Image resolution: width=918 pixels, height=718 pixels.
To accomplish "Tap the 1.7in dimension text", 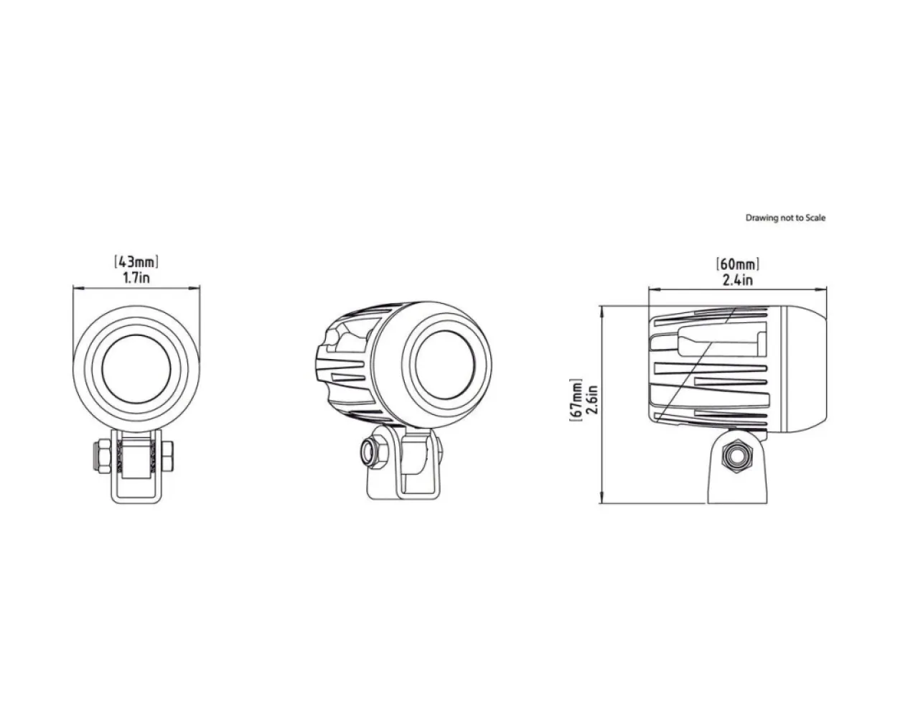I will pyautogui.click(x=136, y=278).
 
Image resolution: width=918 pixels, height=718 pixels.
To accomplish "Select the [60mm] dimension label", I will pyautogui.click(x=737, y=264).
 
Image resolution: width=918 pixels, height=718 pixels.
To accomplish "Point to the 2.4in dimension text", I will pyautogui.click(x=737, y=280).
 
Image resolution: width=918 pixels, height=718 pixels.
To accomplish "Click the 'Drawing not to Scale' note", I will pyautogui.click(x=785, y=218).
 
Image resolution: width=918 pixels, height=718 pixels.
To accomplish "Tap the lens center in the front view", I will pyautogui.click(x=136, y=370).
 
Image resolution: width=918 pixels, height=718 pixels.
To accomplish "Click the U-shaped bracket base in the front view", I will pyautogui.click(x=136, y=497).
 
